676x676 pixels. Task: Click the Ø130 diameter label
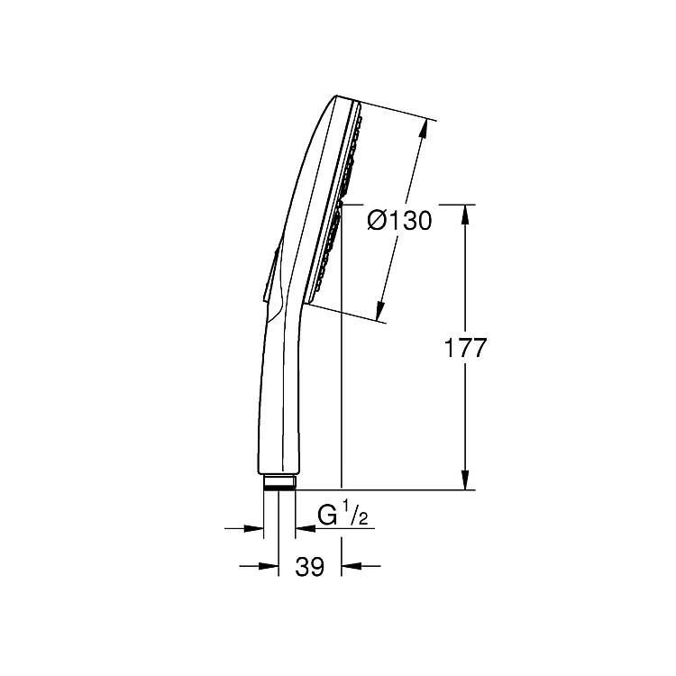pos(399,221)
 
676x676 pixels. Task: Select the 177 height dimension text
pos(465,348)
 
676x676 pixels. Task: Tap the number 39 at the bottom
pos(309,567)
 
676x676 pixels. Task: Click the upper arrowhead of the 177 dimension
pos(465,215)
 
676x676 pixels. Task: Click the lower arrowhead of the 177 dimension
pos(465,480)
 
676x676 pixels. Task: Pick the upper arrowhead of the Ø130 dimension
pos(424,128)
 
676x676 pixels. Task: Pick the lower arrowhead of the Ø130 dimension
pos(379,310)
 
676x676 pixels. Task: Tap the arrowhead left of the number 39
pos(269,566)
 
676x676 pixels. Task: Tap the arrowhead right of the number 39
pos(351,566)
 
